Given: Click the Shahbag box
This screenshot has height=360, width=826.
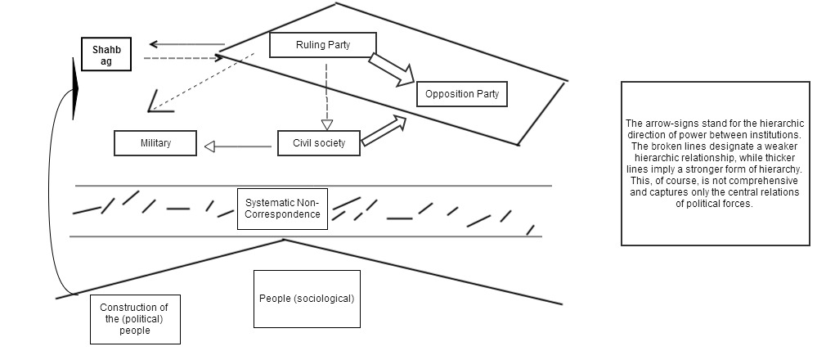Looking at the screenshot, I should point(106,54).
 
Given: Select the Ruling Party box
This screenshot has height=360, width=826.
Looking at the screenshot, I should point(323,46).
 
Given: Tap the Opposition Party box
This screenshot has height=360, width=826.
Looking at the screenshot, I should point(462,94).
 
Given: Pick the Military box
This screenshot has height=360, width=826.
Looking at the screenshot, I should point(155,143).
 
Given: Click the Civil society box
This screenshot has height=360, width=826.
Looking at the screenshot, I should point(319,143).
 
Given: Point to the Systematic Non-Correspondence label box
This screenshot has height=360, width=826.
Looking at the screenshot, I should point(282,208).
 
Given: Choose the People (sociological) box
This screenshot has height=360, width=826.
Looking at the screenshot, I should point(307,299).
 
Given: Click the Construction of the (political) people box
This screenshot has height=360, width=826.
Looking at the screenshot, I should point(134,319).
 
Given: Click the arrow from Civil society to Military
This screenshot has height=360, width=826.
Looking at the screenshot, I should point(237,147).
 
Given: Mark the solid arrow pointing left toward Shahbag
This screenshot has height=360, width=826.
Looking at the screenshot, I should point(187,45).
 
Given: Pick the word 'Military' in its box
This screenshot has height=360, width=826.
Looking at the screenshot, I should point(155,143).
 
